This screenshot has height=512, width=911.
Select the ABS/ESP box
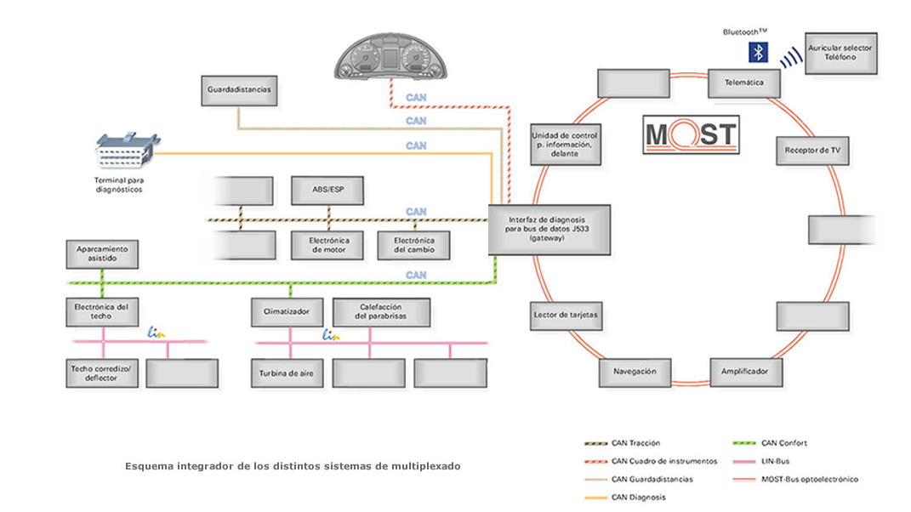pos(327,191)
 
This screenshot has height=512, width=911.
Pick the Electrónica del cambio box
pos(413,245)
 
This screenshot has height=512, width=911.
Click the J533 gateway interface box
pos(549,229)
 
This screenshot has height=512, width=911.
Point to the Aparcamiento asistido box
pos(102,253)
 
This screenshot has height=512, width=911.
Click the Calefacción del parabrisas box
pos(381,312)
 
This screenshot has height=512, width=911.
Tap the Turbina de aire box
pos(288,373)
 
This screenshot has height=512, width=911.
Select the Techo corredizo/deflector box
pos(102,373)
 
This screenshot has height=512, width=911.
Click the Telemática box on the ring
pos(744,83)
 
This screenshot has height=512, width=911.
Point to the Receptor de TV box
pos(812,151)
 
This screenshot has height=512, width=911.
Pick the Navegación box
pos(634,372)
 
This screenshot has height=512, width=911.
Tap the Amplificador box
pos(745,372)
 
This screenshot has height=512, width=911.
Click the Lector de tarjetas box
pos(566,315)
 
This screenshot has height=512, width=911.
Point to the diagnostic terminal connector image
pos(128,153)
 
